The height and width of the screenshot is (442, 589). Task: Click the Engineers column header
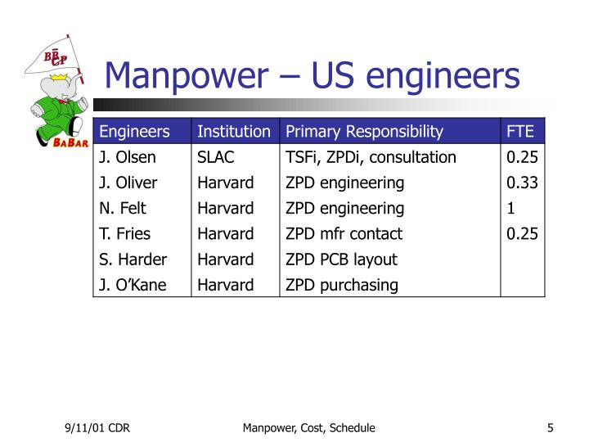click(x=134, y=132)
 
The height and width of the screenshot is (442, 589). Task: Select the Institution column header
click(x=233, y=132)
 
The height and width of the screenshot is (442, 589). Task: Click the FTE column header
click(x=520, y=132)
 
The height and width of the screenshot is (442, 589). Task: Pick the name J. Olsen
click(x=128, y=157)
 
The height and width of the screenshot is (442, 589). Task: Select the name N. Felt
click(x=123, y=208)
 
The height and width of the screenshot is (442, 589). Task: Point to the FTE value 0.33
click(x=522, y=183)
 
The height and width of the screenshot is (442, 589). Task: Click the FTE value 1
click(x=510, y=208)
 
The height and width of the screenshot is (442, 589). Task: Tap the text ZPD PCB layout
click(x=341, y=259)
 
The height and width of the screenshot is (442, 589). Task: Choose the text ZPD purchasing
click(x=342, y=285)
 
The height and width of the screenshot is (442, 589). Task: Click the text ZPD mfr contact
click(x=344, y=233)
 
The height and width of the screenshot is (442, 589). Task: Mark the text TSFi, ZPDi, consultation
click(x=371, y=157)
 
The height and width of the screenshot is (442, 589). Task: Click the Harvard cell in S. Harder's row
click(x=225, y=259)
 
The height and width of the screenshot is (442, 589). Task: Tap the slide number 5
click(x=551, y=428)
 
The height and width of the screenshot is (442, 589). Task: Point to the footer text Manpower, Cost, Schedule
click(x=308, y=428)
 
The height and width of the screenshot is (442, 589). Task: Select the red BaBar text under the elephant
click(x=54, y=142)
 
